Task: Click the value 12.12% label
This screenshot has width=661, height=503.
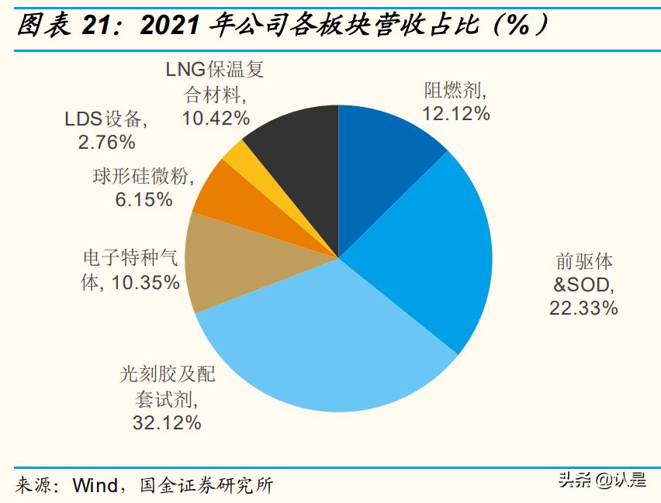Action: [455, 114]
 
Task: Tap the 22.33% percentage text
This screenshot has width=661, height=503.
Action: [583, 308]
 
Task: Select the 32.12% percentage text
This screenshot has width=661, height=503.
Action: [168, 422]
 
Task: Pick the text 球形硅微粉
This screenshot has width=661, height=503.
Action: [139, 177]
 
